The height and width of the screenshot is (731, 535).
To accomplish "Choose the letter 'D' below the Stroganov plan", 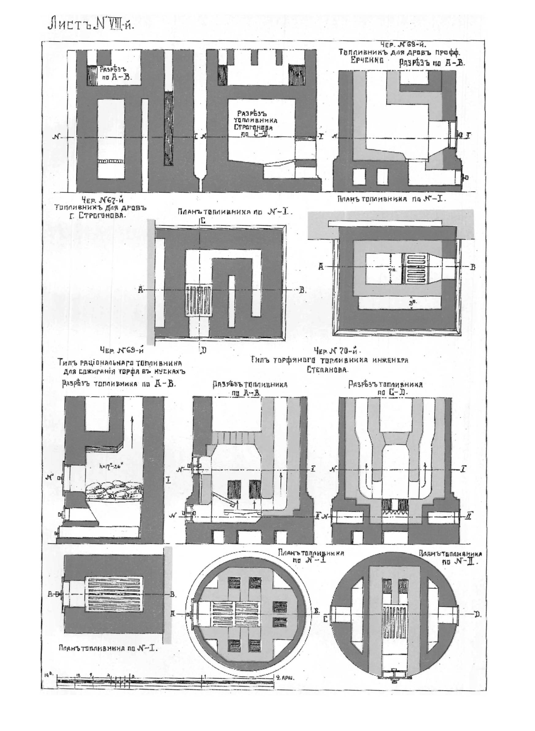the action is (203, 350).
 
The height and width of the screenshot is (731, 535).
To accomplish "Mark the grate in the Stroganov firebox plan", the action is (198, 300).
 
